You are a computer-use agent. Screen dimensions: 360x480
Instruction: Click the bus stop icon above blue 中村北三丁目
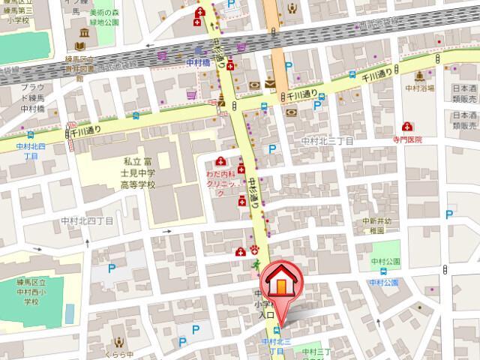(x=279, y=330)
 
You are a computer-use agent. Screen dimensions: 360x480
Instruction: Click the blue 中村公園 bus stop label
(x=383, y=281)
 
